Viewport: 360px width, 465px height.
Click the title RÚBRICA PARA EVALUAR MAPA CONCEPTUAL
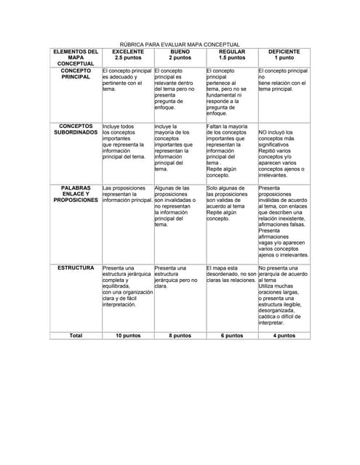click(x=179, y=45)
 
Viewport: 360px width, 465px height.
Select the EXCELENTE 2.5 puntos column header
click(x=127, y=55)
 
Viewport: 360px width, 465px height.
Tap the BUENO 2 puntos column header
click(x=180, y=55)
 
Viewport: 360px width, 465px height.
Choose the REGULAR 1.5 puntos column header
click(x=232, y=55)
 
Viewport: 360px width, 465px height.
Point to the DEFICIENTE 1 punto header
click(x=284, y=55)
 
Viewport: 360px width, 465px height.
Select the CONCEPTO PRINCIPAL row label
click(x=76, y=73)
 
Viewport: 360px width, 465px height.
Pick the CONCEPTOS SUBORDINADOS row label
click(x=76, y=130)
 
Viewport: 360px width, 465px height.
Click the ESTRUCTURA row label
click(x=76, y=268)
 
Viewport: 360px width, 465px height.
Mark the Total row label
click(x=76, y=336)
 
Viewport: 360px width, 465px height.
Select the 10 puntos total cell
click(x=127, y=336)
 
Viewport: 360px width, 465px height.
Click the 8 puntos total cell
click(x=180, y=336)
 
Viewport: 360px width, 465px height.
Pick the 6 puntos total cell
click(x=232, y=336)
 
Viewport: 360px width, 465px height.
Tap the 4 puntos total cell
click(x=284, y=336)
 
